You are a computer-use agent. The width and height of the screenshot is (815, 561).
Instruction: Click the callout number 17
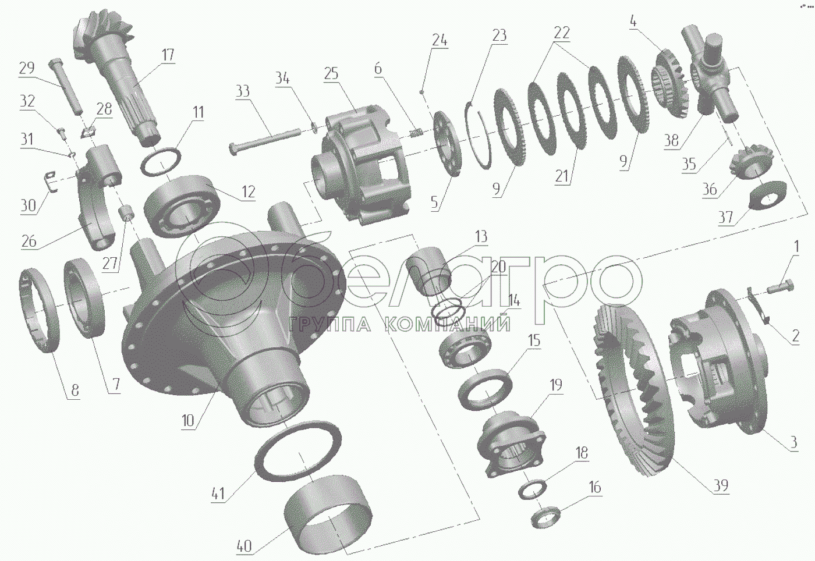[168, 55]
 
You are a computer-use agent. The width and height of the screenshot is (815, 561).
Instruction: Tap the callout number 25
[331, 74]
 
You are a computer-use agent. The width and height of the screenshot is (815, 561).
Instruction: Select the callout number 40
[244, 546]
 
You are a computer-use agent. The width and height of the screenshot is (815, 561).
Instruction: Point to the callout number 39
[721, 485]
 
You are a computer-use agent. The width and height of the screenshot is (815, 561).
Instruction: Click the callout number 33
[243, 91]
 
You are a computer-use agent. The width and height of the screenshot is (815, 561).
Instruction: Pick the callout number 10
[188, 421]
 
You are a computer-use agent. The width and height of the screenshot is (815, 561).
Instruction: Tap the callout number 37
[726, 217]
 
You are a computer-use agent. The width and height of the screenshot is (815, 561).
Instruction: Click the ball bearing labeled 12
[182, 206]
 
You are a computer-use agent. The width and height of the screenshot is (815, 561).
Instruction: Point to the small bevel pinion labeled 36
[751, 162]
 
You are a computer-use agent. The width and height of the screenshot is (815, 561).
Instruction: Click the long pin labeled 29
[66, 87]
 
